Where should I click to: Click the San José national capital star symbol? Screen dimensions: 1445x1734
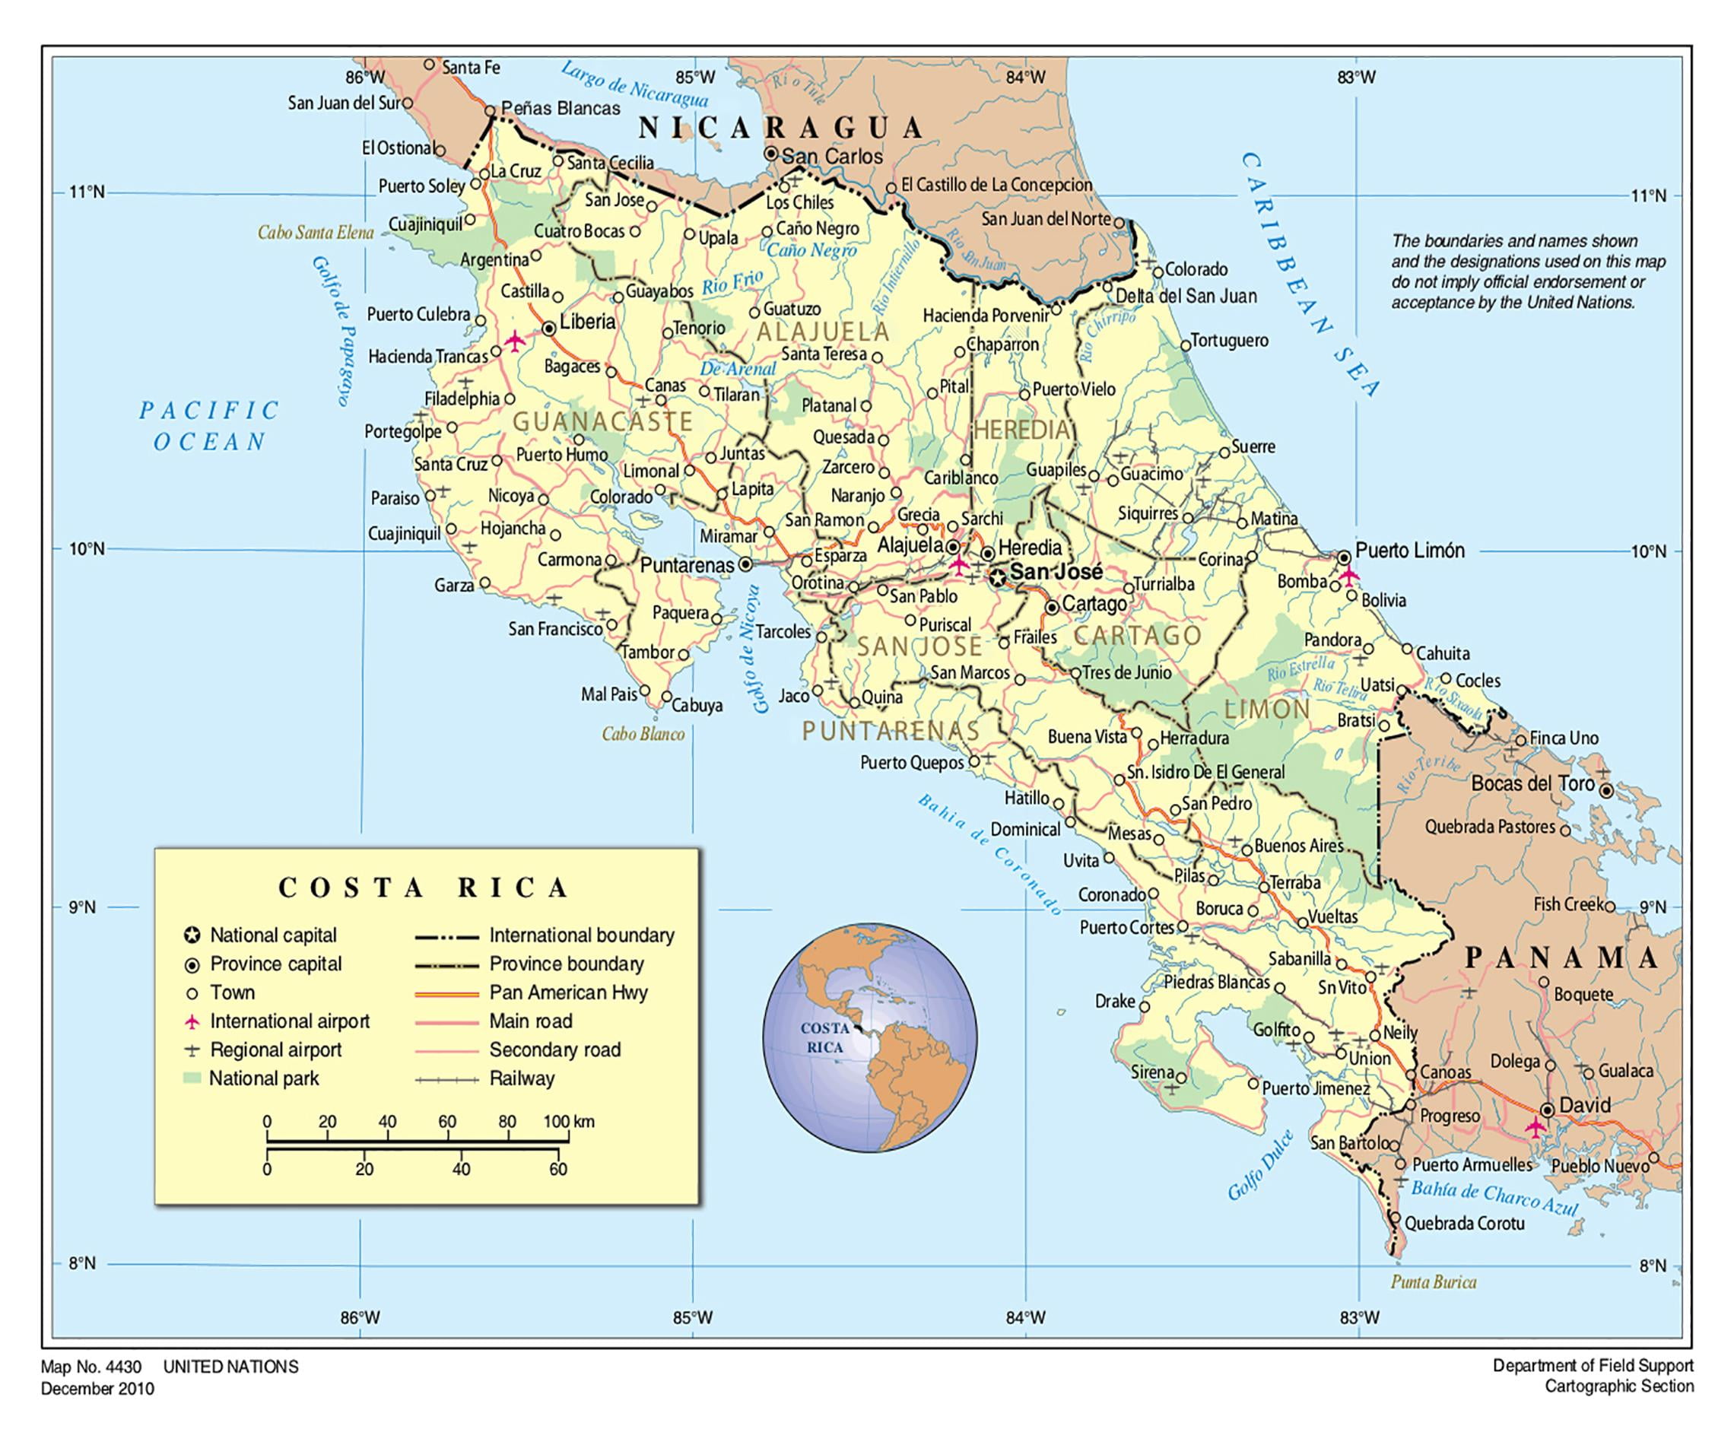click(999, 578)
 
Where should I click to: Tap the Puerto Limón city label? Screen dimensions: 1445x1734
click(1409, 551)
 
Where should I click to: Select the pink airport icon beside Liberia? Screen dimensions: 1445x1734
click(515, 340)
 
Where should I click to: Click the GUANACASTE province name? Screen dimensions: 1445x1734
click(603, 422)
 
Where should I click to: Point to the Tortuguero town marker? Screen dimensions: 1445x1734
click(1186, 345)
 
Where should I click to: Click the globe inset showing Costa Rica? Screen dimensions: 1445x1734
click(869, 1038)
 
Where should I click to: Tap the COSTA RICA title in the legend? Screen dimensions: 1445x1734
click(424, 888)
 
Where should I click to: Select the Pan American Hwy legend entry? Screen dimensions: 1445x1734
click(567, 992)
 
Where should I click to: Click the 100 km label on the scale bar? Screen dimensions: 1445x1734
click(568, 1121)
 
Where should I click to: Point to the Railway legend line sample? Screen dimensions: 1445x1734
click(446, 1079)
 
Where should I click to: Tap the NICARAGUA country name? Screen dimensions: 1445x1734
click(781, 128)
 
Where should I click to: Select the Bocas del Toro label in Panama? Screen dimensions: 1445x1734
click(1532, 783)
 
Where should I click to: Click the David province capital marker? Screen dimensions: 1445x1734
click(1548, 1110)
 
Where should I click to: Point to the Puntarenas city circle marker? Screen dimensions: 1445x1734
click(745, 565)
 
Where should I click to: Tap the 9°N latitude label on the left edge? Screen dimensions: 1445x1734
click(81, 907)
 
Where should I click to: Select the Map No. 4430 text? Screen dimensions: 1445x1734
click(91, 1367)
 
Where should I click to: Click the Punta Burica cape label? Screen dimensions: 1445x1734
click(1433, 1282)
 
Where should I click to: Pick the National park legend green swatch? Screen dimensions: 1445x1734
click(192, 1079)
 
